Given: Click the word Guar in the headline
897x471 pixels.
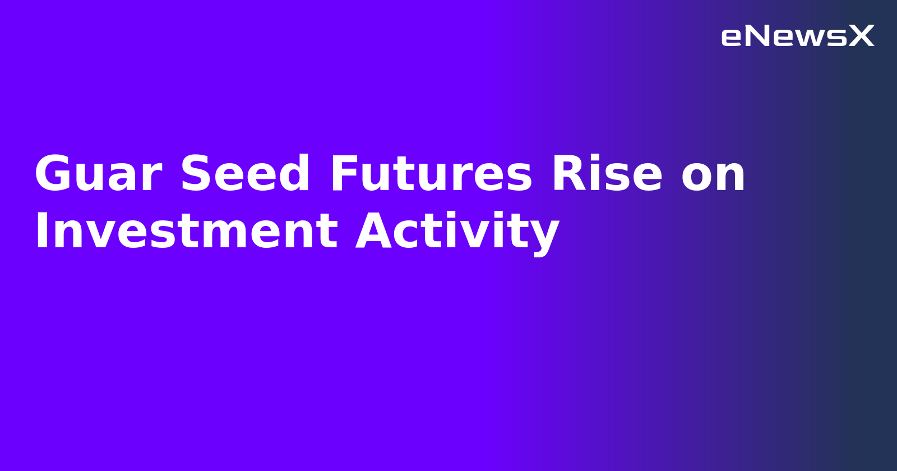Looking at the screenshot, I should [x=98, y=174].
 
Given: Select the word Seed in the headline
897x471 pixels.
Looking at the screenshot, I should [x=245, y=174].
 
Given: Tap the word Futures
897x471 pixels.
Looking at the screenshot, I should [x=431, y=174].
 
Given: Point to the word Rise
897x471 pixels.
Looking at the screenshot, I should [x=607, y=174].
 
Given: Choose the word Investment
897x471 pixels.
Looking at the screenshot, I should [x=186, y=232].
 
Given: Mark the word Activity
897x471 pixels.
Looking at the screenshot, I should [x=457, y=232].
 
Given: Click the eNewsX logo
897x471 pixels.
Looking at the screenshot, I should [x=797, y=36].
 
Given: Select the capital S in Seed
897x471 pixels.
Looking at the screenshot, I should [x=195, y=174].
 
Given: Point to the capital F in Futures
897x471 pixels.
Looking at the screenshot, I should [x=343, y=174].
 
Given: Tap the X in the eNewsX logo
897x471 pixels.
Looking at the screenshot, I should [x=861, y=36].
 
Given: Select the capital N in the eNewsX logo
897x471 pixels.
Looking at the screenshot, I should [x=757, y=36].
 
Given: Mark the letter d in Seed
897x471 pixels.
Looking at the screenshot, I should [x=294, y=174].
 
